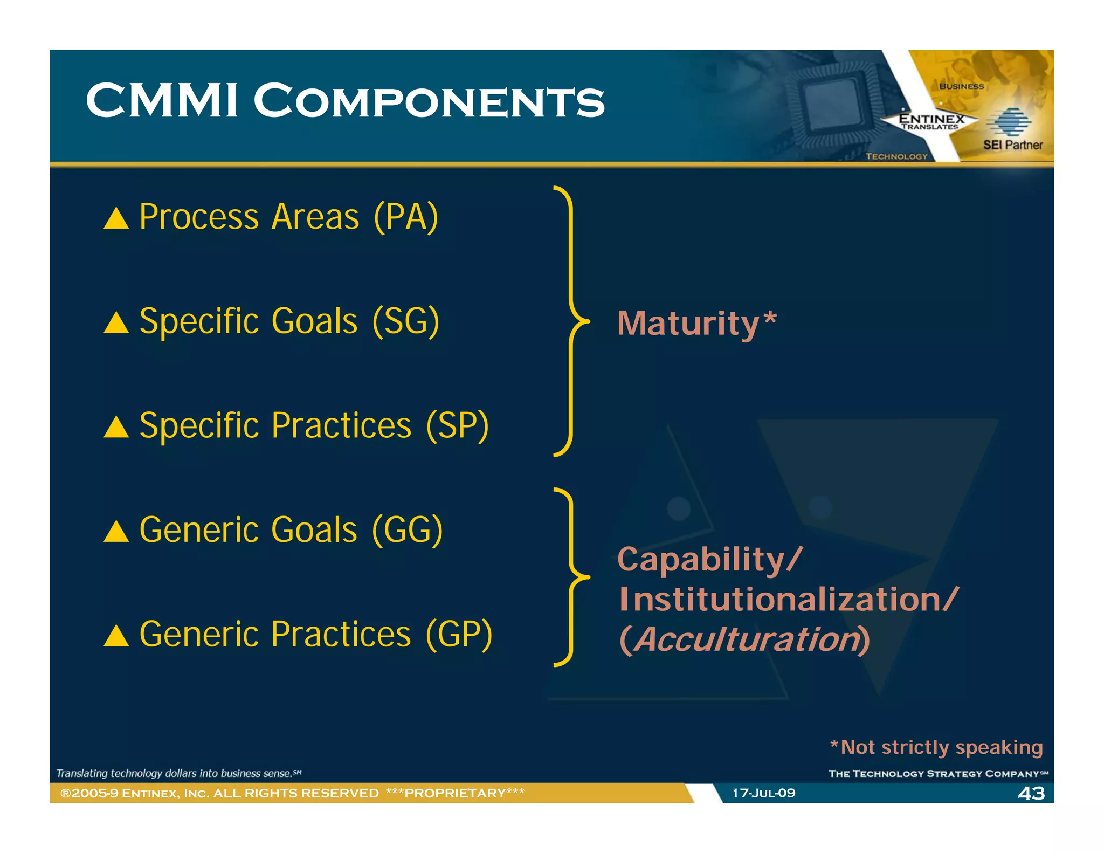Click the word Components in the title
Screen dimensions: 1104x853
click(429, 101)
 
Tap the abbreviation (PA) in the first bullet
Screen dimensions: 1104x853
click(406, 217)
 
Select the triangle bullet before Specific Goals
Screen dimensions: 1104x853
click(116, 323)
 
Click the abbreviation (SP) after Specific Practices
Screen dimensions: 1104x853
click(457, 426)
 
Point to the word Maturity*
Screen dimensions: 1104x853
click(696, 324)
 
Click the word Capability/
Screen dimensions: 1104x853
click(709, 560)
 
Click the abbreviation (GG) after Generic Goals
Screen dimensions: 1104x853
click(408, 530)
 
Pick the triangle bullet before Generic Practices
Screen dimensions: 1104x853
click(116, 636)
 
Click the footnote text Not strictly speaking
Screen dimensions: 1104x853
click(941, 747)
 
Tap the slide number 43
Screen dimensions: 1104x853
click(1031, 793)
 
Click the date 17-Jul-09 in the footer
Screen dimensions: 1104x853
click(763, 793)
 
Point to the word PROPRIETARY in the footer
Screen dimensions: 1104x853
click(455, 793)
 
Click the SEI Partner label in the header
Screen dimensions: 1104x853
click(1012, 145)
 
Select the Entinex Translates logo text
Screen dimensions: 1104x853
click(931, 122)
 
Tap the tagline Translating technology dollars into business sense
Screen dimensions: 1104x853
click(178, 773)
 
